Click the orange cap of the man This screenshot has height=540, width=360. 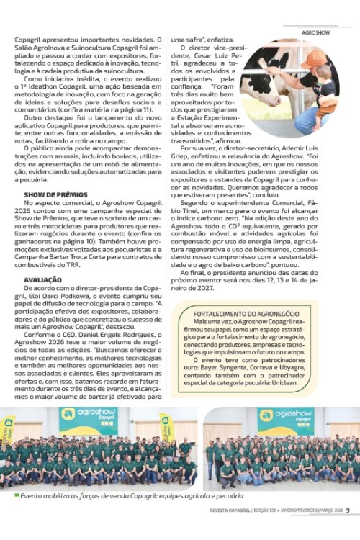click(316, 57)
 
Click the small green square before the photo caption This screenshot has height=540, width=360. click(17, 495)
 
